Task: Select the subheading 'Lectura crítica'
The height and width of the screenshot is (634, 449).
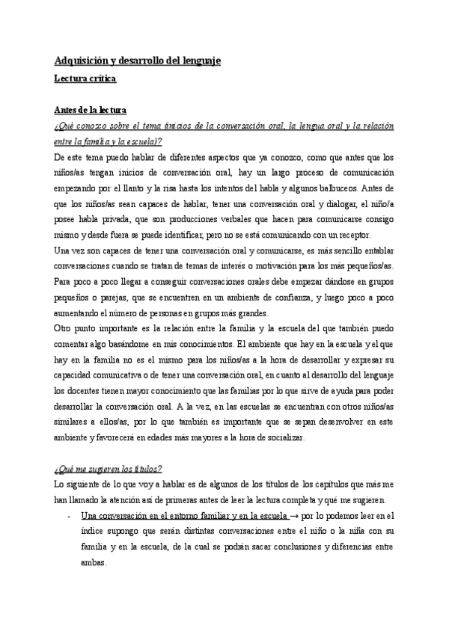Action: click(85, 77)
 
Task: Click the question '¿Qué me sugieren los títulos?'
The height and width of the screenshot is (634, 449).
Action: click(109, 469)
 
